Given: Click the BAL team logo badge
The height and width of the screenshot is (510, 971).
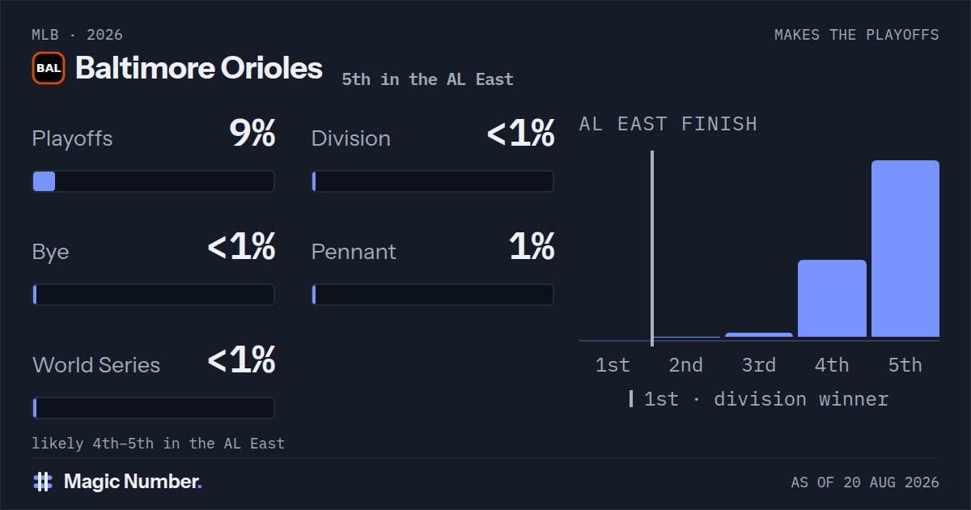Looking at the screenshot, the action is pyautogui.click(x=49, y=68).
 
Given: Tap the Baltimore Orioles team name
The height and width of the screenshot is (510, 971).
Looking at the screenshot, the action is pyautogui.click(x=199, y=68).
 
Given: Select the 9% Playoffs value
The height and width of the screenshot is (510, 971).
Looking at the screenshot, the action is pyautogui.click(x=252, y=133).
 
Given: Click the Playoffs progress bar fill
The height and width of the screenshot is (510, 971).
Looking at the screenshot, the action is pyautogui.click(x=45, y=181).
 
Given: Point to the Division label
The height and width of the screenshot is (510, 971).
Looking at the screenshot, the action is pyautogui.click(x=350, y=138).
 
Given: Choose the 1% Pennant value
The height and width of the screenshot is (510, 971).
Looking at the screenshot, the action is pyautogui.click(x=532, y=246).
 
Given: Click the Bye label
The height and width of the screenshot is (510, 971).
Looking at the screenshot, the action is pyautogui.click(x=50, y=253).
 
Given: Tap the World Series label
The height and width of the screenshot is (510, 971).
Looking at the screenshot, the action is pyautogui.click(x=96, y=365).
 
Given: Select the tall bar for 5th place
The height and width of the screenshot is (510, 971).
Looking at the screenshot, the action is pyautogui.click(x=905, y=249).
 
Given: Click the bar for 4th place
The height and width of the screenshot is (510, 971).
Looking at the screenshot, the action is pyautogui.click(x=832, y=299).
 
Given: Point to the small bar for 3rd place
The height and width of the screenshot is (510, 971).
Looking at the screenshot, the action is pyautogui.click(x=759, y=335).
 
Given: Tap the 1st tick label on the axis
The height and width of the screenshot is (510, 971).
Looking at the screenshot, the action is pyautogui.click(x=612, y=365).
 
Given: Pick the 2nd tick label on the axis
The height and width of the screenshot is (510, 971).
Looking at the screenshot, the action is pyautogui.click(x=685, y=365).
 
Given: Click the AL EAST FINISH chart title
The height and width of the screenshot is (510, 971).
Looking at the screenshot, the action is pyautogui.click(x=668, y=124).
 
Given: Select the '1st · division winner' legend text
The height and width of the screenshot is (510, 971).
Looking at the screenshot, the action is pyautogui.click(x=766, y=399).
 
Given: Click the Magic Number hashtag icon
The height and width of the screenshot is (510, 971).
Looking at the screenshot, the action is pyautogui.click(x=43, y=482).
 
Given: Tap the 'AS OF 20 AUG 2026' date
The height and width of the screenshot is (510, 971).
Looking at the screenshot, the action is pyautogui.click(x=865, y=482).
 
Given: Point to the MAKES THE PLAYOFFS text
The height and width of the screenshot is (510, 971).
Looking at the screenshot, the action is pyautogui.click(x=857, y=35).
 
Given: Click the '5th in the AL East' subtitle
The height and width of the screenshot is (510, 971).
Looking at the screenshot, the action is pyautogui.click(x=427, y=79).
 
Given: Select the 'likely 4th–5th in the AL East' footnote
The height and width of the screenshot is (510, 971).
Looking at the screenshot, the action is pyautogui.click(x=159, y=444).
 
